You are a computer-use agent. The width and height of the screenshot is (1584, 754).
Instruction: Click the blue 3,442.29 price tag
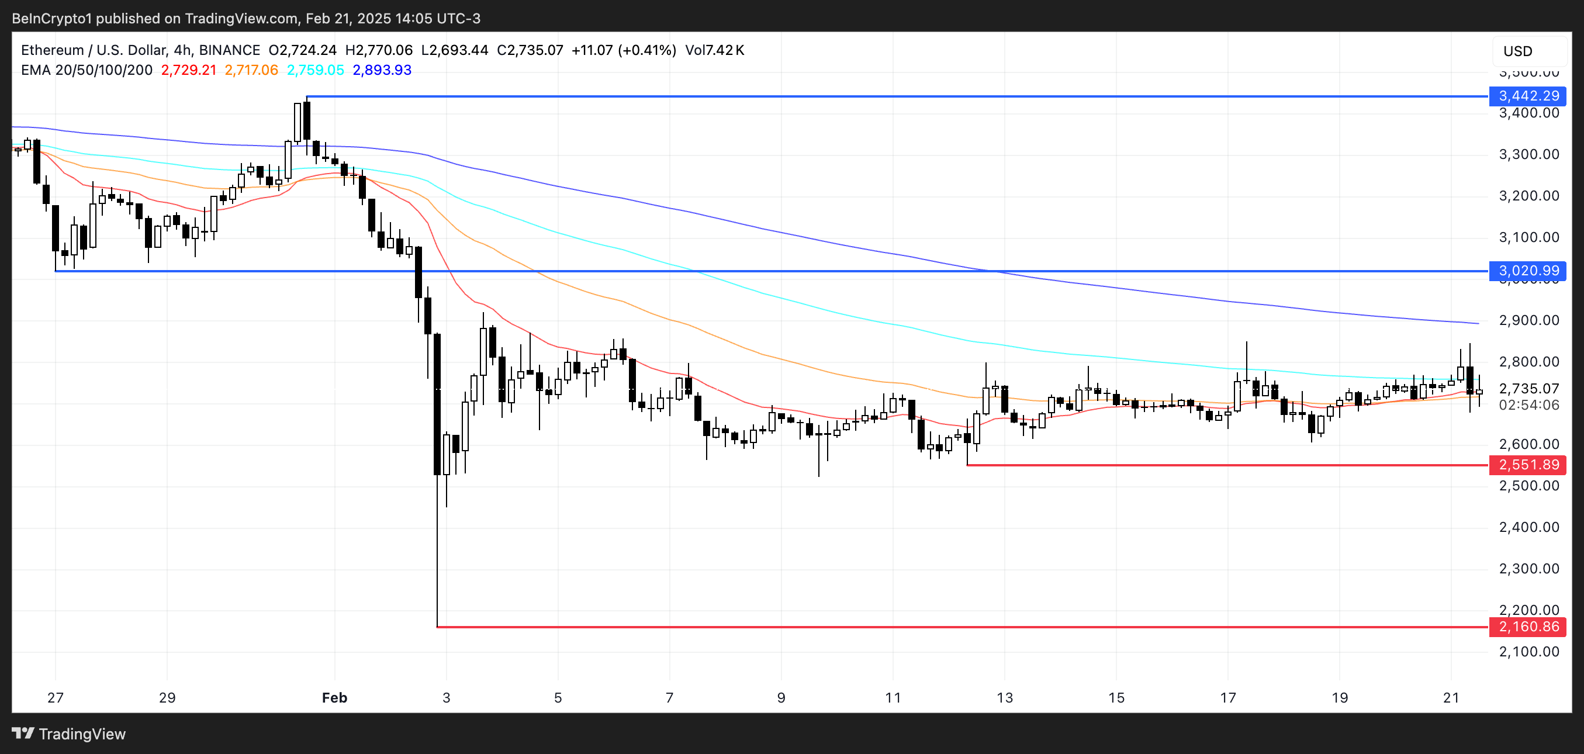pyautogui.click(x=1527, y=96)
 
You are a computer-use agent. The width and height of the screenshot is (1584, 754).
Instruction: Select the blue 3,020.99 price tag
pyautogui.click(x=1527, y=271)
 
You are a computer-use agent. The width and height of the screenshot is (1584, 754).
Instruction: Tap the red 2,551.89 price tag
pyautogui.click(x=1527, y=465)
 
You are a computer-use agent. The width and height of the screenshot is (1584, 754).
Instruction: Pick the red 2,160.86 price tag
pyautogui.click(x=1527, y=627)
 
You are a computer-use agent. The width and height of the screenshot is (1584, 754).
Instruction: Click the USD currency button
pyautogui.click(x=1517, y=51)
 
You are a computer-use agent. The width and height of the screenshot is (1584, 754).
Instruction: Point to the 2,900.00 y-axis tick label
pyautogui.click(x=1528, y=320)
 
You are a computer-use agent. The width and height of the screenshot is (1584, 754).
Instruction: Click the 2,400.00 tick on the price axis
pyautogui.click(x=1528, y=527)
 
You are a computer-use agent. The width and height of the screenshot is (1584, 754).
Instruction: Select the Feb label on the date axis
pyautogui.click(x=334, y=697)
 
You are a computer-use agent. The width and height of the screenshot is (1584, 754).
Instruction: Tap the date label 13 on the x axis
pyautogui.click(x=1005, y=697)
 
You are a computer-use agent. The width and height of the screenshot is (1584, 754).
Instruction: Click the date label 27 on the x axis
pyautogui.click(x=56, y=697)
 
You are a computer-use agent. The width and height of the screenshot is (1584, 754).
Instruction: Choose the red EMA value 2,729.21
pyautogui.click(x=189, y=70)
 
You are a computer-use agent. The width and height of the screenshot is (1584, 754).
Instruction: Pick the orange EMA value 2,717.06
pyautogui.click(x=251, y=70)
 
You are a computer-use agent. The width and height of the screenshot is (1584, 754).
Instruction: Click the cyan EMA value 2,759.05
pyautogui.click(x=316, y=70)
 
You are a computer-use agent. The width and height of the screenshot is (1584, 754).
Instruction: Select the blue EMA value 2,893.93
pyautogui.click(x=382, y=70)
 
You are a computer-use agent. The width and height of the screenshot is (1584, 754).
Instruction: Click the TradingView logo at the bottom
pyautogui.click(x=69, y=734)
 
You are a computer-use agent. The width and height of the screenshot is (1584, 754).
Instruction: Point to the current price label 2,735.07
pyautogui.click(x=1528, y=389)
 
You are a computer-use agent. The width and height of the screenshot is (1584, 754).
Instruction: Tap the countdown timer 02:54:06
pyautogui.click(x=1528, y=404)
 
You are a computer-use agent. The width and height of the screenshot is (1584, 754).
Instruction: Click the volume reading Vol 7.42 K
pyautogui.click(x=714, y=50)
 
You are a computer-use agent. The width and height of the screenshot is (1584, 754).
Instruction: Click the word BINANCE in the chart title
pyautogui.click(x=229, y=50)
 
